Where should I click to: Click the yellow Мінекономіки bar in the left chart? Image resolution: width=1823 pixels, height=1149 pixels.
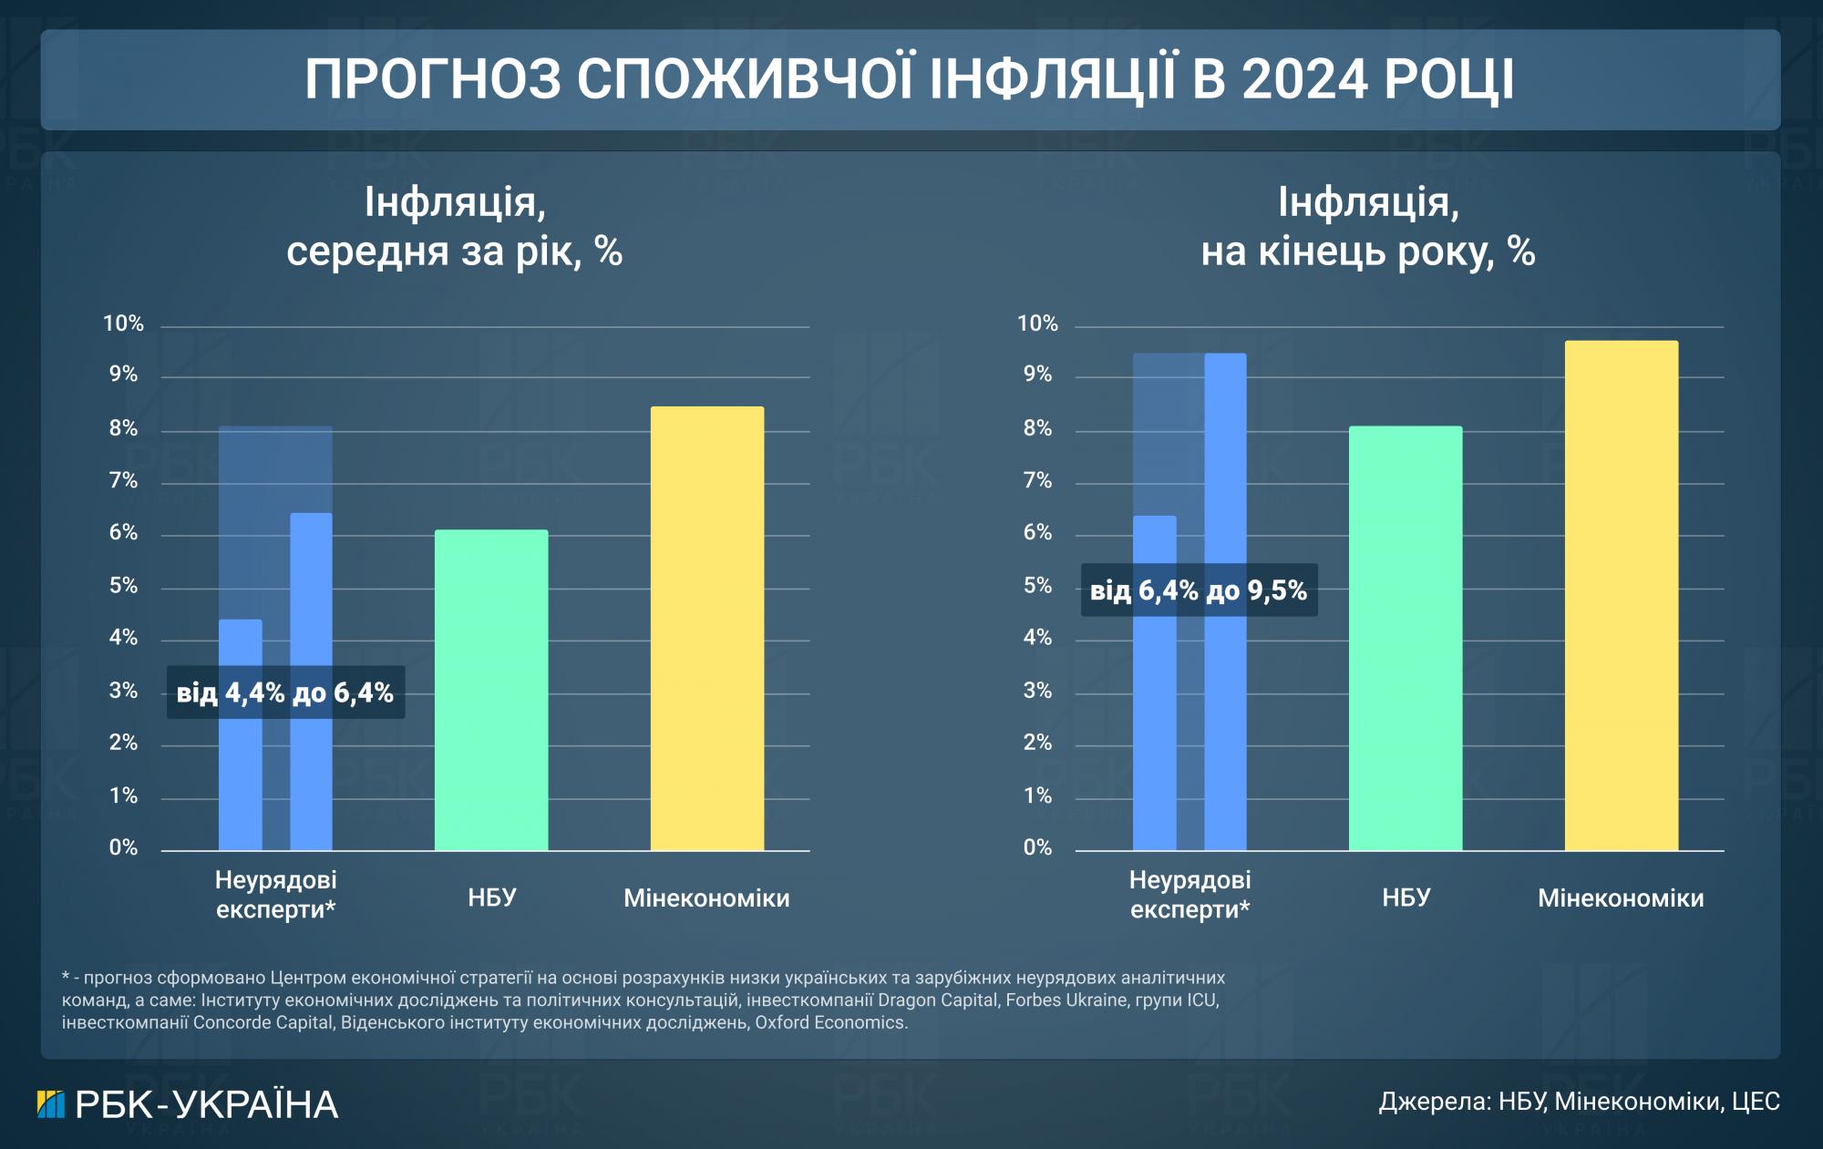coord(706,629)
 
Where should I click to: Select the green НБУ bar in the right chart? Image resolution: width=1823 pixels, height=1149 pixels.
coord(1405,638)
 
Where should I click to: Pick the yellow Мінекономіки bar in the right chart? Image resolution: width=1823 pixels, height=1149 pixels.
coord(1621,596)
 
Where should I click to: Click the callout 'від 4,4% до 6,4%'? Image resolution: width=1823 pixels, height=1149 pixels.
coord(285,693)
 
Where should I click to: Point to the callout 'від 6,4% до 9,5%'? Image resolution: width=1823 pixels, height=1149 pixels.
coord(1199,590)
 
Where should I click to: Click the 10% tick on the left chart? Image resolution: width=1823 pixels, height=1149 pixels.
coord(123,323)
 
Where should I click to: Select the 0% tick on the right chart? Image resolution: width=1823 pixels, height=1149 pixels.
coord(1037,847)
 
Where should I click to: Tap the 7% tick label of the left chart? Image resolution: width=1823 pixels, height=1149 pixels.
coord(123,480)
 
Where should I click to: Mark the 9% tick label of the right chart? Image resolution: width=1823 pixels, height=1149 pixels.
coord(1037,374)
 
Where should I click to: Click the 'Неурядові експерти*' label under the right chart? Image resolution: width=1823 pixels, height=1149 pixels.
coord(1190,894)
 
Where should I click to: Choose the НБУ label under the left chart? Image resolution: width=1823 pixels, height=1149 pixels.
coord(491,898)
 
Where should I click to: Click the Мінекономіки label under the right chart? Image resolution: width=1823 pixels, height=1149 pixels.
coord(1621,898)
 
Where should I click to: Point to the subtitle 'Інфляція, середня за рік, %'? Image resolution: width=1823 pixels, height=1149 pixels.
coord(454,226)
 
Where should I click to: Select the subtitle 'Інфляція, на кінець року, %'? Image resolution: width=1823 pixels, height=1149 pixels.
coord(1367,226)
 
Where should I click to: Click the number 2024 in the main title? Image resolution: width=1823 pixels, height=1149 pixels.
coord(1304,80)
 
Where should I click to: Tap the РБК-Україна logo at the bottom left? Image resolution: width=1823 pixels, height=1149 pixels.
coord(187,1104)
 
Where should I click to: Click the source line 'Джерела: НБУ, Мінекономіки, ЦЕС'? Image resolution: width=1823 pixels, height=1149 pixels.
coord(1579,1102)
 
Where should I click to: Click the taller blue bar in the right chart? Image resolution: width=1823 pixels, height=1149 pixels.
coord(1225,601)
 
